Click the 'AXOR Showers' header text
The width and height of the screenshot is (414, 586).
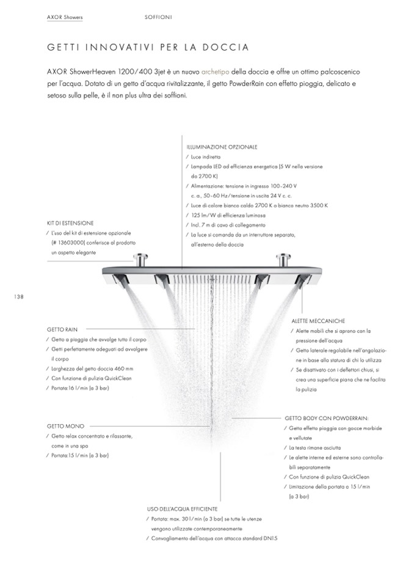[65, 17]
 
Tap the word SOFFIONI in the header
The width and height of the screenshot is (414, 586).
[158, 17]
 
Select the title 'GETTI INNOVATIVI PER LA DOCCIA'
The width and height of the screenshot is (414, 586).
[147, 47]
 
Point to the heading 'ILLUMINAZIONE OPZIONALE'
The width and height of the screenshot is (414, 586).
[222, 147]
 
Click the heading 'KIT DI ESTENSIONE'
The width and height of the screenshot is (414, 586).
[70, 223]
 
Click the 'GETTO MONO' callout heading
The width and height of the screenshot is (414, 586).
[65, 426]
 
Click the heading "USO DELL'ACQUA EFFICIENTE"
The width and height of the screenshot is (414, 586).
[182, 508]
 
